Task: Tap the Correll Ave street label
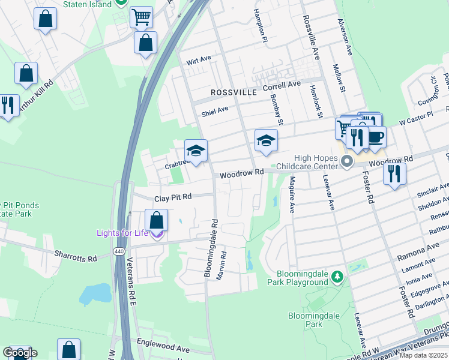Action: click(x=282, y=86)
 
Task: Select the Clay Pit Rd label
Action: click(x=173, y=197)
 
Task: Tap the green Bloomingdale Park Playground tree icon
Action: click(x=338, y=276)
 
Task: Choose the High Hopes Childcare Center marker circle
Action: click(x=347, y=161)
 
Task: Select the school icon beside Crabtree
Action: click(x=196, y=150)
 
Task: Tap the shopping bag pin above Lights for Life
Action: click(x=157, y=220)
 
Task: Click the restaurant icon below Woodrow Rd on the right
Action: click(x=394, y=173)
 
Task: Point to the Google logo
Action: click(x=19, y=353)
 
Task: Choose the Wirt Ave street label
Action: click(x=199, y=60)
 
